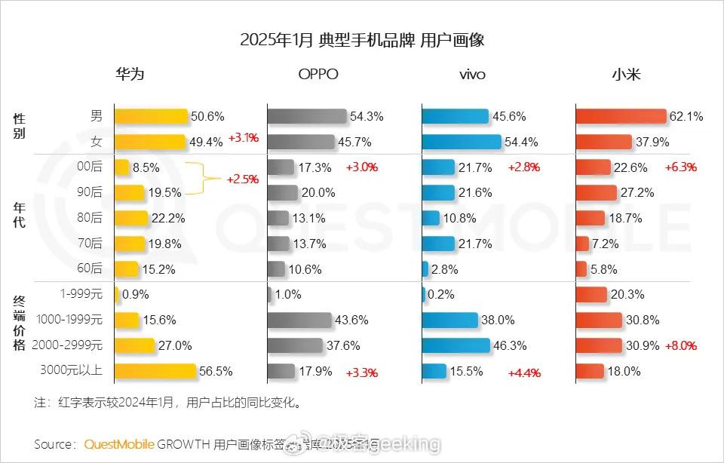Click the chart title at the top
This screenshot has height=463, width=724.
tap(362, 40)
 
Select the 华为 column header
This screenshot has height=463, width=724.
tap(129, 75)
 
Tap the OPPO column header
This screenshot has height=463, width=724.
tap(318, 75)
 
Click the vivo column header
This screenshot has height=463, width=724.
tap(471, 75)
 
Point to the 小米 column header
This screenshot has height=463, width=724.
tap(626, 75)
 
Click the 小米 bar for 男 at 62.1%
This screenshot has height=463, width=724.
tap(621, 116)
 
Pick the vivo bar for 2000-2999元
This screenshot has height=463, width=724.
tap(456, 345)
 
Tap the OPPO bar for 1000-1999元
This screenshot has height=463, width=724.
tap(299, 320)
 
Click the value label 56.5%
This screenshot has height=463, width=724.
tap(215, 371)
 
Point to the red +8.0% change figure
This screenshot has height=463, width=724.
tap(680, 346)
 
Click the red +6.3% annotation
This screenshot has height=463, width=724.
tap(680, 167)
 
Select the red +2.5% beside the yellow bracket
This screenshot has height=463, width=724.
tap(242, 179)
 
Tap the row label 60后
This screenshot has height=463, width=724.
tap(90, 268)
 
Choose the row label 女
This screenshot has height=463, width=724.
tap(96, 141)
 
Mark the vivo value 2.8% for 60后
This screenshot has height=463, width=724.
tap(444, 269)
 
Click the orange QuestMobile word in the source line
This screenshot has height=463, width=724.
tap(119, 443)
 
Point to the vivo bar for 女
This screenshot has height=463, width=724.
tap(461, 142)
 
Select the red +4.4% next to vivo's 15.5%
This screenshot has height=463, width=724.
tap(524, 372)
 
